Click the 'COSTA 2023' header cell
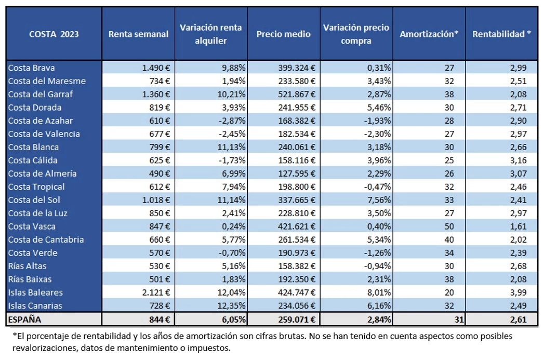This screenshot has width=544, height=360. tap(54, 34)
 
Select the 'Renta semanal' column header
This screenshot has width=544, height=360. tap(138, 34)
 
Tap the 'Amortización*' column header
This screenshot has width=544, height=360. tap(429, 34)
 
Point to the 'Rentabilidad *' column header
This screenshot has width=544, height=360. tap(501, 34)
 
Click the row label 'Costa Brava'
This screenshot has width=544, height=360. tap(31, 68)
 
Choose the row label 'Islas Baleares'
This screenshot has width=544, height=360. tap(35, 292)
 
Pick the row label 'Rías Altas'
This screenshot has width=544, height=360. tap(27, 266)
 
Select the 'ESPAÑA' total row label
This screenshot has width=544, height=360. tap(24, 319)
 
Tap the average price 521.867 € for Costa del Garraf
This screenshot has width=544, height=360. tap(297, 95)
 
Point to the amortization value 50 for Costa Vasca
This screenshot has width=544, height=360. tap(449, 226)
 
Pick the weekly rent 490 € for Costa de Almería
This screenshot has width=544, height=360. tap(160, 174)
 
